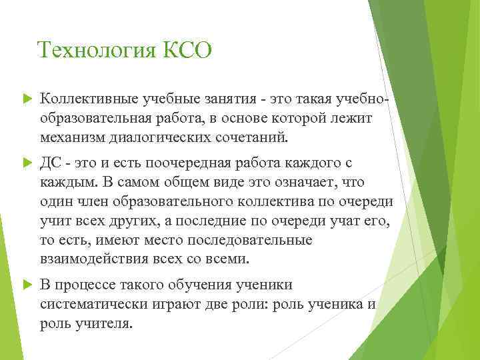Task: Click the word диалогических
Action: pos(159,137)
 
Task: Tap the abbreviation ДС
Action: pos(51,164)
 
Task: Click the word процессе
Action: pos(82,285)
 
